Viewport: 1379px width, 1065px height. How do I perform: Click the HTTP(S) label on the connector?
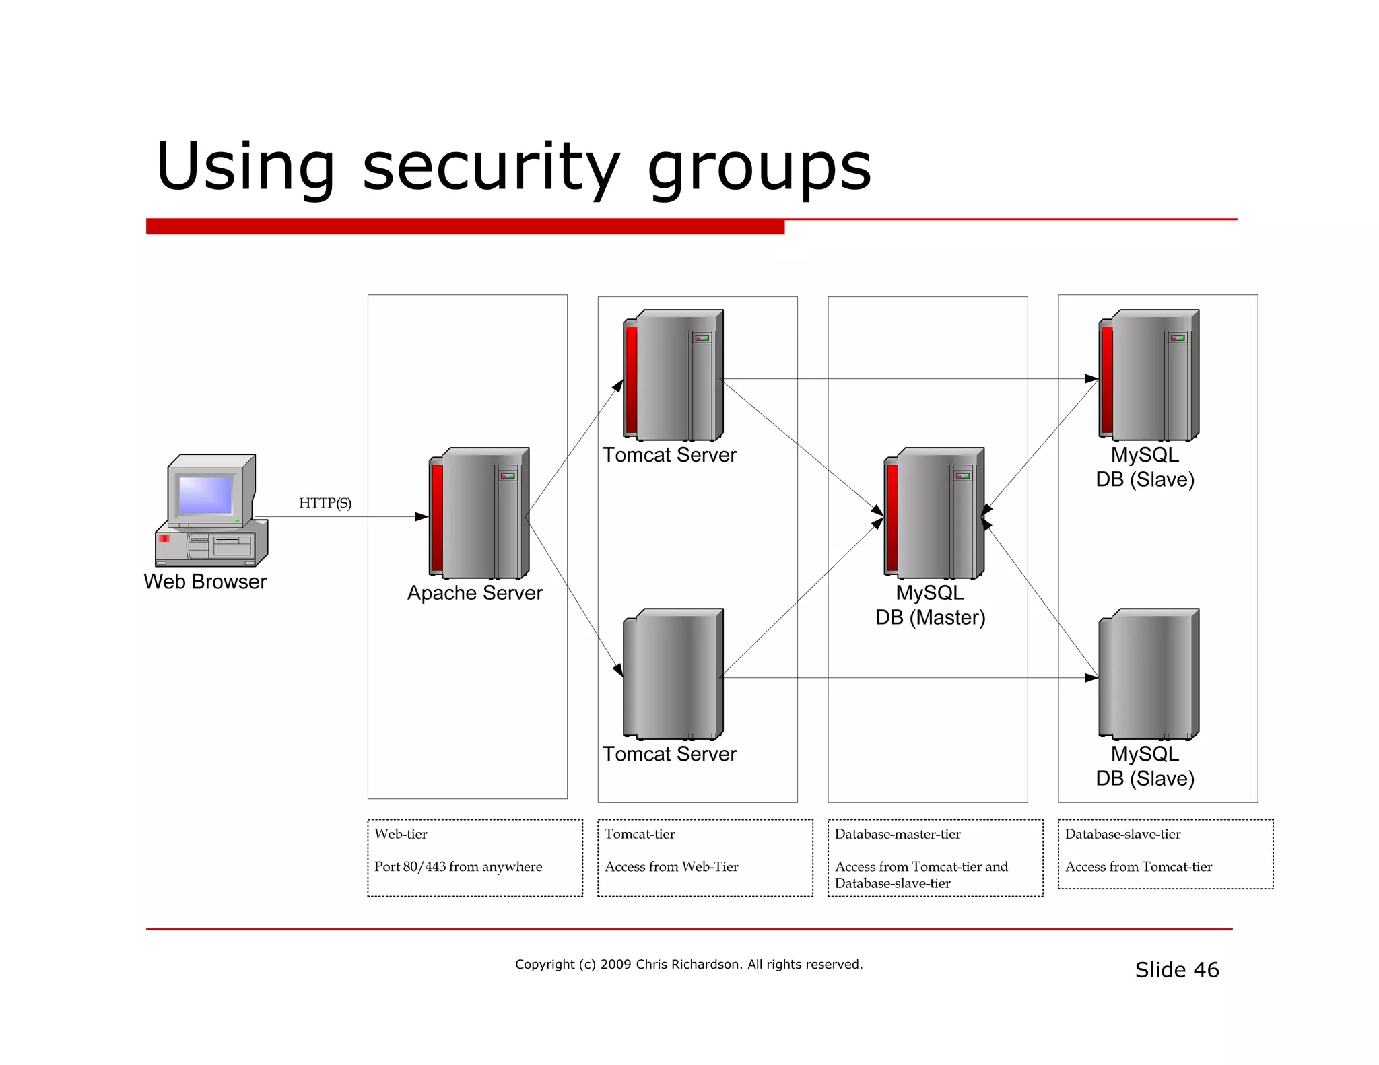click(325, 503)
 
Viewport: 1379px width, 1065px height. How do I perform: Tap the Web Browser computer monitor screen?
click(205, 495)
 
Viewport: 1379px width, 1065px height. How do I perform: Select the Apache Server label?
click(475, 593)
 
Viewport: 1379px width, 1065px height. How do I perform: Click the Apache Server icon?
click(479, 513)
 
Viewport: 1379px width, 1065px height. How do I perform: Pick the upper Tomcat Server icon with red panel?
click(673, 376)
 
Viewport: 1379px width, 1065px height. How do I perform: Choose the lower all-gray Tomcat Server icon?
click(673, 675)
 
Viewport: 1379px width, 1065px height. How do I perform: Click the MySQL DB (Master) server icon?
click(935, 513)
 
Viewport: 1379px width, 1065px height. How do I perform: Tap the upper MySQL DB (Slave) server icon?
click(1149, 376)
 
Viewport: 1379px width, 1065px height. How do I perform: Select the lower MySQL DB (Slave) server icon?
click(1149, 675)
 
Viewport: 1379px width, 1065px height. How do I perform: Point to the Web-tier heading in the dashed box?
click(401, 834)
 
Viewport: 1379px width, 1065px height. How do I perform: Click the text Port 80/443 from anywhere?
click(458, 867)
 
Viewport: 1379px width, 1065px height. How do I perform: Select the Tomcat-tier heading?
click(640, 834)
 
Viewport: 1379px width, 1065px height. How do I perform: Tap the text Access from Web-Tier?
click(671, 867)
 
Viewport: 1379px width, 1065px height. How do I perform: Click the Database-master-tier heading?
click(898, 834)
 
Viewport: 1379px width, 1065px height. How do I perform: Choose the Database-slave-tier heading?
click(1122, 834)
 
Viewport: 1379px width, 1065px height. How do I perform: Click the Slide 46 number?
click(1177, 970)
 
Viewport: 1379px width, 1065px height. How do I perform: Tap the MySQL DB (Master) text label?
click(930, 605)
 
